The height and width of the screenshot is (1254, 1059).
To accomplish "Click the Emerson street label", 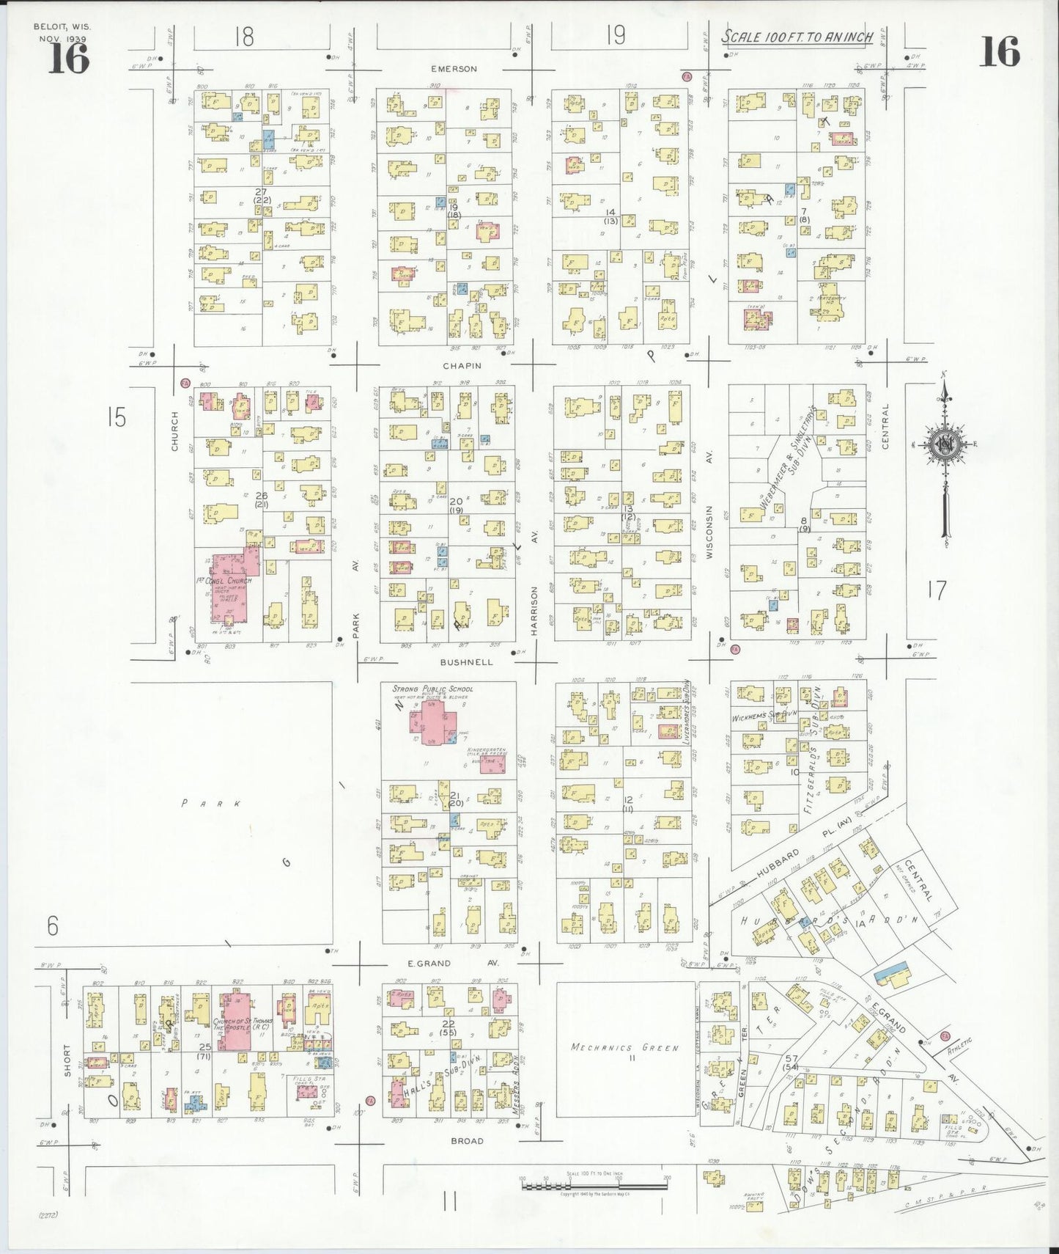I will (x=454, y=69).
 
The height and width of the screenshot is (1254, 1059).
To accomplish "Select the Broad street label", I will (x=467, y=1141).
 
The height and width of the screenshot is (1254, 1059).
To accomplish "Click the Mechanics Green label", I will (x=625, y=1049).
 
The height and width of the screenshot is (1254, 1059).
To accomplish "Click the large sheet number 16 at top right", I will (x=1000, y=51).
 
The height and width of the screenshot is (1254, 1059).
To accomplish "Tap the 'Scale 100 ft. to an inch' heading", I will (x=797, y=37).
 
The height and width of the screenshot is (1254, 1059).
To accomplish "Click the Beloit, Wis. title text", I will (x=62, y=26).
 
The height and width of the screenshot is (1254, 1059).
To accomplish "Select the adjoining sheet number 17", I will (x=936, y=590).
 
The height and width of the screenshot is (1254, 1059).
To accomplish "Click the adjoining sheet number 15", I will (x=116, y=418).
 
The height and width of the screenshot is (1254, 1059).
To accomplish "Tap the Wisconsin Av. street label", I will (x=709, y=532).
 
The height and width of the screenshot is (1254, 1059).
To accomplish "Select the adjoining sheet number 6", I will (x=52, y=927).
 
